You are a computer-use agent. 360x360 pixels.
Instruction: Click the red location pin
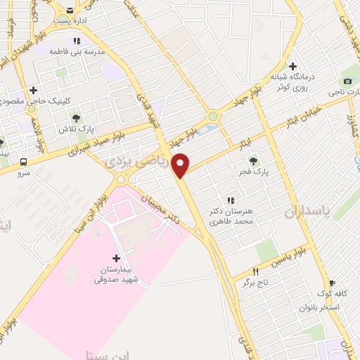(181, 165)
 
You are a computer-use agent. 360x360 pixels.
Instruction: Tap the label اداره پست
(72, 20)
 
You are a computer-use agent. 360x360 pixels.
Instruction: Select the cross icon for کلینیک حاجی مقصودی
(33, 90)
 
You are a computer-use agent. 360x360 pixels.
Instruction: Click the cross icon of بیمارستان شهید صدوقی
(117, 258)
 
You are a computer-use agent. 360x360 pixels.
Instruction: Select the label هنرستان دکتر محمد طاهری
(229, 216)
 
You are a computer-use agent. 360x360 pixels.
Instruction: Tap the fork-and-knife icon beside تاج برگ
(256, 271)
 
